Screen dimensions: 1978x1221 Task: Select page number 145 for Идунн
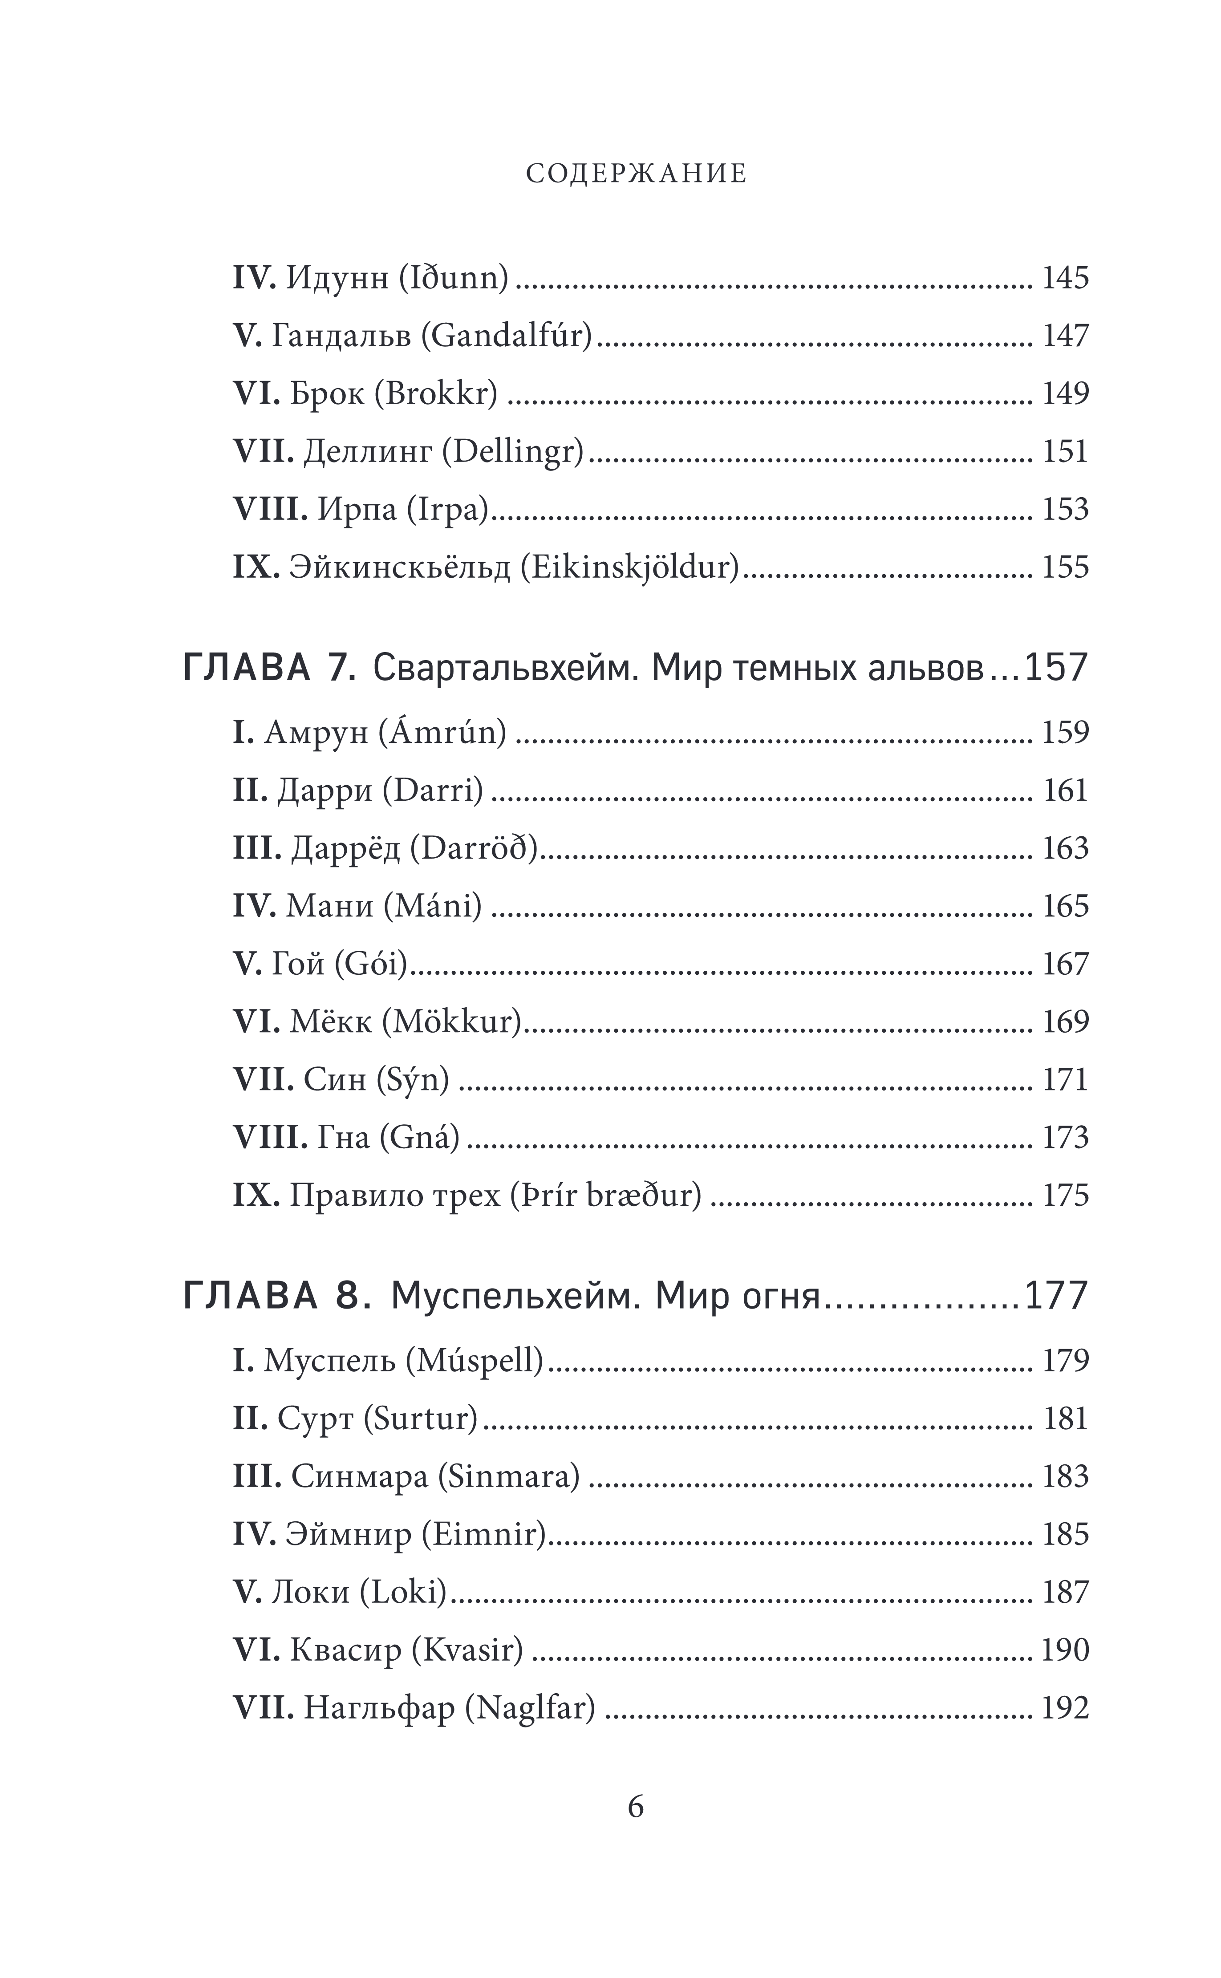(1065, 279)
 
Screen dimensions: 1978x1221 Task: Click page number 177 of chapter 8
(1056, 1297)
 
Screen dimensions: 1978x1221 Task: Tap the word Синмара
(359, 1477)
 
